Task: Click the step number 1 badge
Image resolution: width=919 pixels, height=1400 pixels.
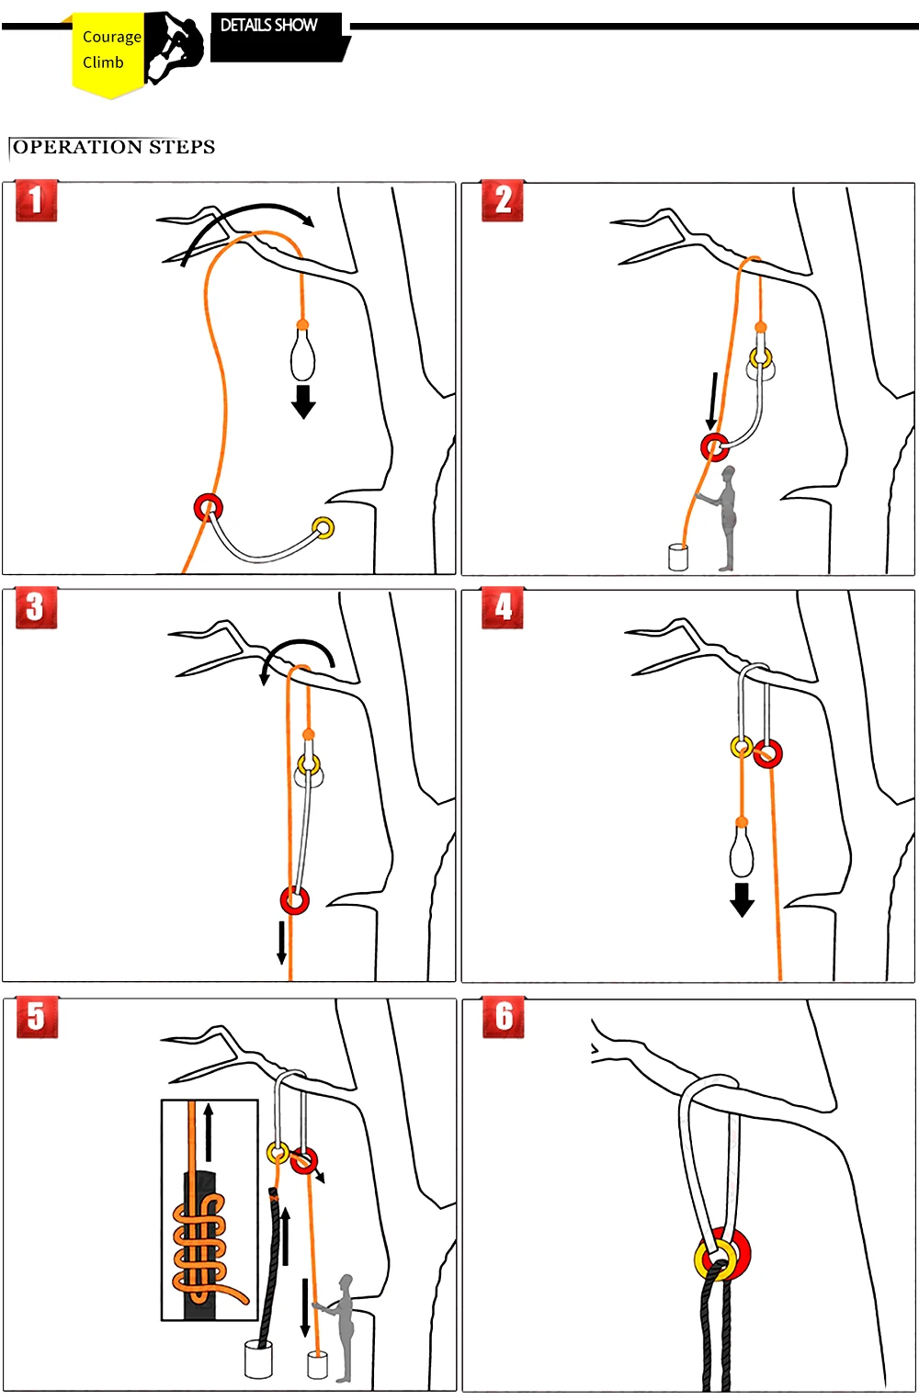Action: coord(36,201)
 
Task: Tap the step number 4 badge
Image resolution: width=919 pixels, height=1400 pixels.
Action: coord(503,608)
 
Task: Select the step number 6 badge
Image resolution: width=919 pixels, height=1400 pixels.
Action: coord(504,1017)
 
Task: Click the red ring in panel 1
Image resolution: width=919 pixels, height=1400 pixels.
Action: coord(209,507)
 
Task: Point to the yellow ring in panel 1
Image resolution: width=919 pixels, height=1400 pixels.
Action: coord(323,527)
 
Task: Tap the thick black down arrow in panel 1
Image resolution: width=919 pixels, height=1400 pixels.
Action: coord(303,401)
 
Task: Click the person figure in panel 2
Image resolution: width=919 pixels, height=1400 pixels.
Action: coord(725,517)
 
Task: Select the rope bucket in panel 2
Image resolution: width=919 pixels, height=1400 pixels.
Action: coord(678,557)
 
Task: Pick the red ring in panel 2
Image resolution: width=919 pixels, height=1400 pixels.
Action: coord(714,447)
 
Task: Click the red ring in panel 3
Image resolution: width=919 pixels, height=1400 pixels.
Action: coord(295,900)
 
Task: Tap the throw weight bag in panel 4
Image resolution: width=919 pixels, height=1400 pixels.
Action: coord(742,850)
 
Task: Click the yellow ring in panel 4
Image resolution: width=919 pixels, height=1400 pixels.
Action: coord(741,747)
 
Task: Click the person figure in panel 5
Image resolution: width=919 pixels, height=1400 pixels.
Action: coord(342,1327)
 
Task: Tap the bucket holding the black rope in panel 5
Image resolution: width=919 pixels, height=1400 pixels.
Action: coord(258,1359)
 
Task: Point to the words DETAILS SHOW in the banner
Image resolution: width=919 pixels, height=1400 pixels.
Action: coord(268,26)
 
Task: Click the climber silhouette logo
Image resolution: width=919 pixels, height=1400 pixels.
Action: coord(175,49)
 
